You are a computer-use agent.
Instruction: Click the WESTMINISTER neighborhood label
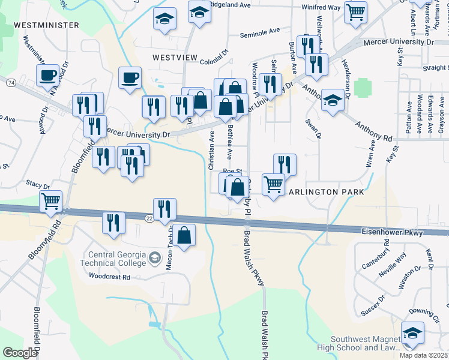pos(46,25)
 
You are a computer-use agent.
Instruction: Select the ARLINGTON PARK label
pos(327,192)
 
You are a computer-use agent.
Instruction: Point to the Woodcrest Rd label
pos(109,277)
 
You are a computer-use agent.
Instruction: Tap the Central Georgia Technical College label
pos(118,259)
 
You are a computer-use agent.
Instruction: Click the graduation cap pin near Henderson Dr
pos(332,100)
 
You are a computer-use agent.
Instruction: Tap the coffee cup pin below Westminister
pos(47,74)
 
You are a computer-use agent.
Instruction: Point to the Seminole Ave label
pos(260,32)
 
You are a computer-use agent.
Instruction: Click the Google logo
pos(20,353)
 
